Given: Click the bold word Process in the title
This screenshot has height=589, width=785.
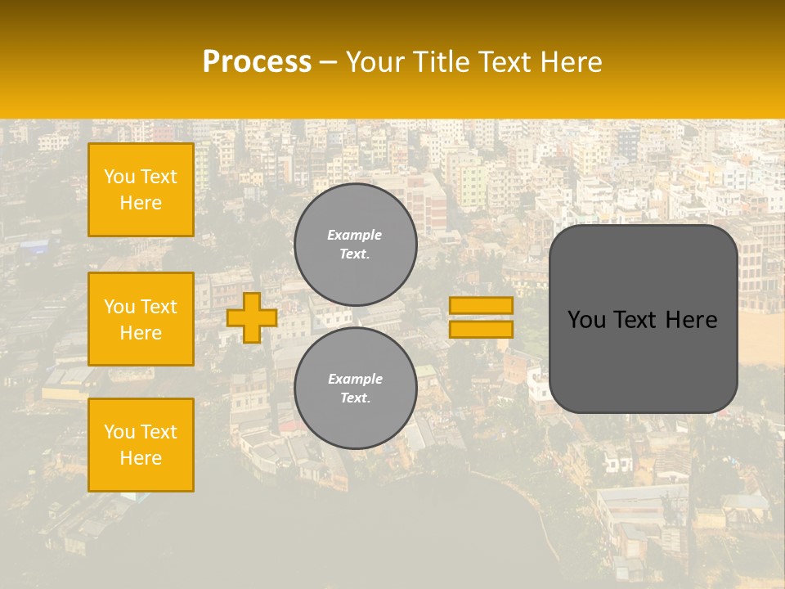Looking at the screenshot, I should (x=257, y=62).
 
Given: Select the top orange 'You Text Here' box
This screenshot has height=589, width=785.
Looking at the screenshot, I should (x=141, y=190).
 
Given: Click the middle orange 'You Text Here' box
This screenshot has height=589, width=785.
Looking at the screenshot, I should (x=141, y=319).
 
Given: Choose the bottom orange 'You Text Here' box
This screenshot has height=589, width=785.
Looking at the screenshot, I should (x=141, y=445).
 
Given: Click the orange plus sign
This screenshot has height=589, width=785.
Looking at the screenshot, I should (x=251, y=317).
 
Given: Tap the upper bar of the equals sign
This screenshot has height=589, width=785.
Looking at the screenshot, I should (x=481, y=305).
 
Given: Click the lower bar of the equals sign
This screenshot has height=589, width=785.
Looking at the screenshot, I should (x=481, y=329).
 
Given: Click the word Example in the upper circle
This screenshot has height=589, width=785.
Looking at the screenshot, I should (x=354, y=235).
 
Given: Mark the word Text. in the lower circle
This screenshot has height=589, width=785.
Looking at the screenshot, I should (x=355, y=398).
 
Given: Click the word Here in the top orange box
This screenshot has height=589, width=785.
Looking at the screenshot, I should (x=141, y=203).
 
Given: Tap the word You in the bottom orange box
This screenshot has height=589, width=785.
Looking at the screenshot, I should (x=119, y=432).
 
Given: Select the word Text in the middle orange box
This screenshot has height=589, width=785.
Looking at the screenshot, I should (x=159, y=307).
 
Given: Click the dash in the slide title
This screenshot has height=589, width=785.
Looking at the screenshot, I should (x=328, y=62).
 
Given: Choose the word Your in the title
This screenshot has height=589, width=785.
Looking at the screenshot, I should (x=379, y=62).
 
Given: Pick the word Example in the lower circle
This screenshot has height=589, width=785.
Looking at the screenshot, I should (x=354, y=379).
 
